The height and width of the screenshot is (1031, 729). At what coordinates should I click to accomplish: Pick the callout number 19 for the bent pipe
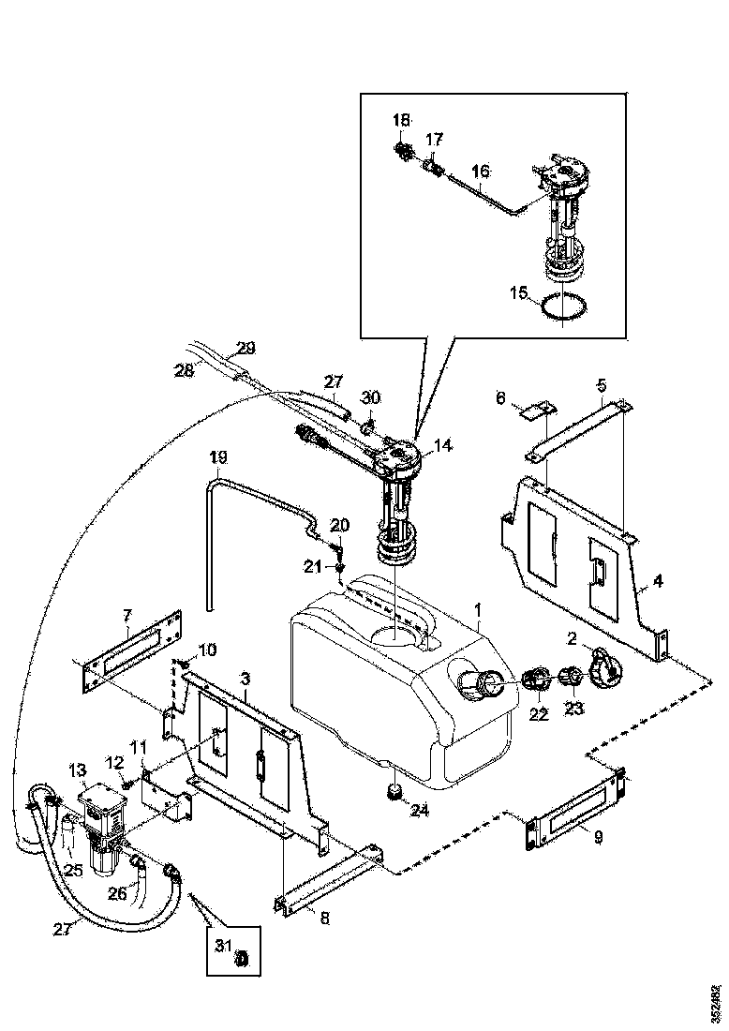coord(217,457)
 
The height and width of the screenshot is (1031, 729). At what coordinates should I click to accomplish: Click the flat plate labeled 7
coord(131,652)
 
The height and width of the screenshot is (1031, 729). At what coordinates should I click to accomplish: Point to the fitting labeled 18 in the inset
coord(405,150)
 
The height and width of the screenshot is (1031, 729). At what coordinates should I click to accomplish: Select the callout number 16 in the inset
coord(480,172)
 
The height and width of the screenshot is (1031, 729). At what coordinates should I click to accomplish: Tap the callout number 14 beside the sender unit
coord(443,446)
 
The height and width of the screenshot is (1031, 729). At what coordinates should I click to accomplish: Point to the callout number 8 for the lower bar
coord(325,919)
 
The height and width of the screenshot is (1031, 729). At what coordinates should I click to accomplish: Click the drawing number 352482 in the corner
coord(717,1002)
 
